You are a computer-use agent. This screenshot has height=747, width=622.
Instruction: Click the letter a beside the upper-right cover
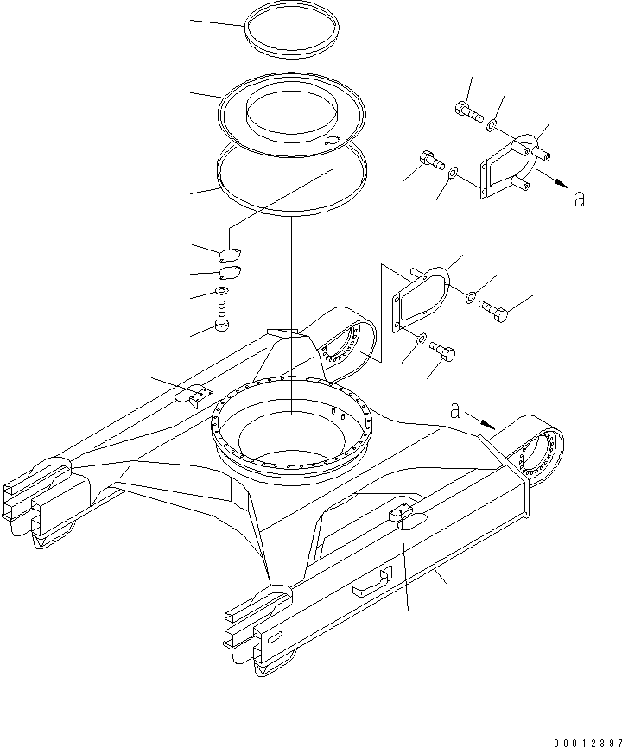point(580,199)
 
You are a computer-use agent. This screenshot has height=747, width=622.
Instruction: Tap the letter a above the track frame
point(455,411)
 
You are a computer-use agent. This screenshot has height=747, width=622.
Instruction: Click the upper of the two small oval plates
point(230,255)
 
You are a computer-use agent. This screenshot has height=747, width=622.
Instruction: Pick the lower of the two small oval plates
point(230,274)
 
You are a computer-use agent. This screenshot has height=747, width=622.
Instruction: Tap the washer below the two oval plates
point(223,292)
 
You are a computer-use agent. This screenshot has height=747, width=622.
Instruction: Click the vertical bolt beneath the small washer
point(222,316)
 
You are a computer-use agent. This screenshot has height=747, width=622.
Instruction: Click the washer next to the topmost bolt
point(492,126)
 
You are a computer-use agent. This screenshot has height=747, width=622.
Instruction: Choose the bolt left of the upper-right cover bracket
point(430,161)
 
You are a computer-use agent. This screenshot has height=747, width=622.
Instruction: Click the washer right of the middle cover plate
point(470,298)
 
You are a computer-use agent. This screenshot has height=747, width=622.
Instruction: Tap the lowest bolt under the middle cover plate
point(441,351)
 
